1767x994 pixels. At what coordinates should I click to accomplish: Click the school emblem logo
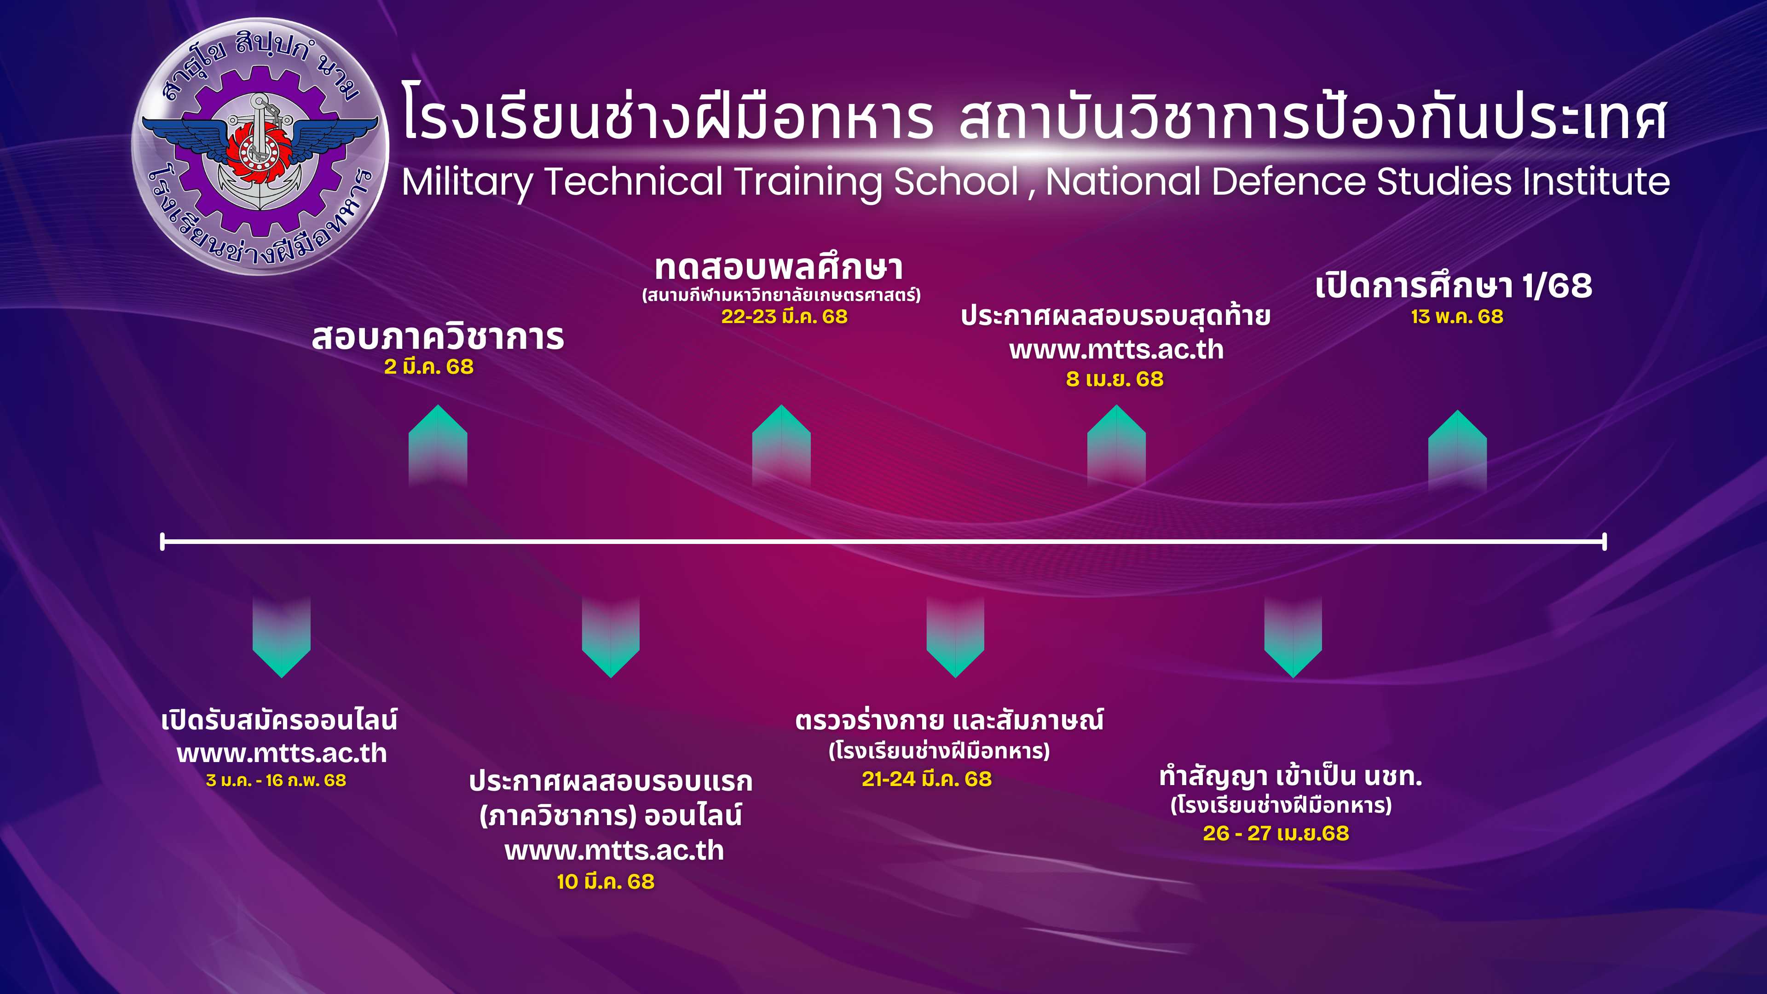tap(260, 146)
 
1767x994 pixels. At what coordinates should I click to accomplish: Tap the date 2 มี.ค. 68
tap(429, 367)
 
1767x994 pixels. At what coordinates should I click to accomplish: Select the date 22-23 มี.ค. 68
tap(784, 317)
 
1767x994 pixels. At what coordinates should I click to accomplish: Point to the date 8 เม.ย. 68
tap(1114, 379)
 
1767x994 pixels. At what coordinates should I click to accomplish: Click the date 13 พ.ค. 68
tap(1457, 317)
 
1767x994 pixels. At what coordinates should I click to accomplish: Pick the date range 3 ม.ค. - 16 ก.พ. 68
tap(276, 780)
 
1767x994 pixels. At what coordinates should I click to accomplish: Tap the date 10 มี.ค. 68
tap(606, 882)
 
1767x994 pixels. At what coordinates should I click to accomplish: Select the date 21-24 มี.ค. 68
tap(927, 779)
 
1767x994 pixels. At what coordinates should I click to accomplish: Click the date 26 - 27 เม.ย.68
tap(1276, 833)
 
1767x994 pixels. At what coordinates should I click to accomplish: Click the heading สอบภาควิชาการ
tap(439, 337)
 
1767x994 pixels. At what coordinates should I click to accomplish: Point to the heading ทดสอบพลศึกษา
tap(779, 267)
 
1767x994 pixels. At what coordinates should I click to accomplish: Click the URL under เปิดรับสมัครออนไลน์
tap(282, 754)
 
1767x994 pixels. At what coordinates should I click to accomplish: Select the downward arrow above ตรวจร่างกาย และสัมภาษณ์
tap(955, 636)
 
